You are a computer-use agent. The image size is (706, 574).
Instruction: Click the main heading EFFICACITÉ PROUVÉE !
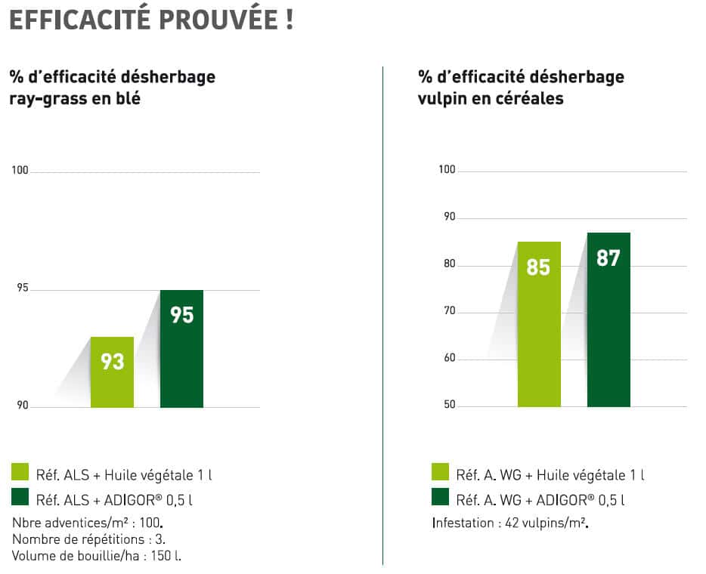150,20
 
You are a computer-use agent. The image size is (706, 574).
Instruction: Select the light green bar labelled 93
112,372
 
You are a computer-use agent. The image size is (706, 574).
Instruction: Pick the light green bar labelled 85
538,325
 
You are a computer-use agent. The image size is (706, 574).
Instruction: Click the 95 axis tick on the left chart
21,289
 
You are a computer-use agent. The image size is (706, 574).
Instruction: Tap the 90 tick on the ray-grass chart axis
21,406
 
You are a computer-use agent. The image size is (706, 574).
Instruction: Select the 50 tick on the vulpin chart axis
448,406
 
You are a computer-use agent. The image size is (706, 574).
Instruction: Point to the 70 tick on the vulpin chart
448,311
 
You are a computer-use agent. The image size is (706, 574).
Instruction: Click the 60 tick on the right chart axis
448,358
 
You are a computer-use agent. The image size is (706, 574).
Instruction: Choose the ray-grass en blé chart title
112,88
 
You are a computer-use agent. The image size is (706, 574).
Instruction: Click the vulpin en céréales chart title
521,88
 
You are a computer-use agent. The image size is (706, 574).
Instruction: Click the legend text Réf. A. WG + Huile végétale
550,475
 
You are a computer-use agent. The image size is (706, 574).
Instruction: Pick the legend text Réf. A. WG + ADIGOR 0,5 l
540,499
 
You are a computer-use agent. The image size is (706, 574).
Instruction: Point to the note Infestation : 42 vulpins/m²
510,523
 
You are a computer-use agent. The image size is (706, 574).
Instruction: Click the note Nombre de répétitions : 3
89,539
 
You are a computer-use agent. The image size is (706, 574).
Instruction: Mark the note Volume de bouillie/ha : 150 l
97,556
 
